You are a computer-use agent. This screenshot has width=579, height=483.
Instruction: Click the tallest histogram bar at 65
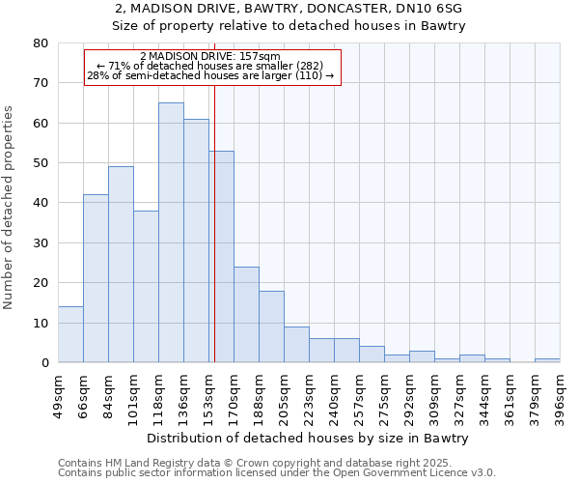pos(171,232)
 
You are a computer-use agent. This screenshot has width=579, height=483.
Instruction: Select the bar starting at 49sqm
pos(70,334)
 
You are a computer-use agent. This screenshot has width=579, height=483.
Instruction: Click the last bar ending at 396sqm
pos(547,360)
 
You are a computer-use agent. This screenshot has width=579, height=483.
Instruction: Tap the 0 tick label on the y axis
pos(43,363)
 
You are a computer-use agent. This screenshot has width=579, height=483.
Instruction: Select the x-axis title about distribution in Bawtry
pos(309,439)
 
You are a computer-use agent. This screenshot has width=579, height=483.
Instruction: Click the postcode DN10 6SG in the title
pos(429,9)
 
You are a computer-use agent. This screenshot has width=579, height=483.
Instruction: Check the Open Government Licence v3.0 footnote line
pos(277,473)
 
